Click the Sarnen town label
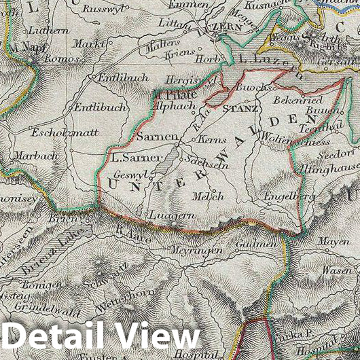(x=153, y=136)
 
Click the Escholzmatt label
(x=56, y=132)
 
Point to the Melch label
(x=209, y=196)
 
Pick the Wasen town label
(x=336, y=270)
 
